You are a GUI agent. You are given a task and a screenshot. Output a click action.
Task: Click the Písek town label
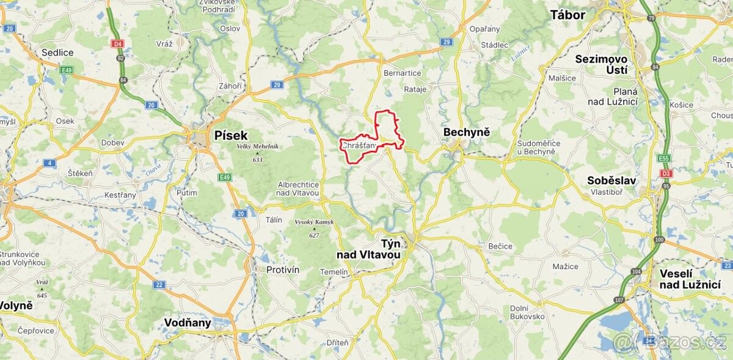[231, 135]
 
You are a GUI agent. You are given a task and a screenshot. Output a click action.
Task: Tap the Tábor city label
[567, 15]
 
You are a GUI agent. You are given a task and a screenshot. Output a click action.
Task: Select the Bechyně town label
[467, 132]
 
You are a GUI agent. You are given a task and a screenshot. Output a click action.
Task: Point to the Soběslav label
[611, 180]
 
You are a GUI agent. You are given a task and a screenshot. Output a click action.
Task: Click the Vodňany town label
[188, 323]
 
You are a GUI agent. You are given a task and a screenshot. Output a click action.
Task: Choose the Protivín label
[283, 270]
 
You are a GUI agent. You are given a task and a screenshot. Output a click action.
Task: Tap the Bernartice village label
[402, 73]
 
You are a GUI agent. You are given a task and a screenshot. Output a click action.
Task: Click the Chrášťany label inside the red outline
[359, 145]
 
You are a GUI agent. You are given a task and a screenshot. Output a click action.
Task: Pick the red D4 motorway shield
[117, 43]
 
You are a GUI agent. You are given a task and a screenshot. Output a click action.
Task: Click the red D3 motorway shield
[664, 174]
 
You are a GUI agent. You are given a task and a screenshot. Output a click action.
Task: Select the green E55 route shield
[664, 158]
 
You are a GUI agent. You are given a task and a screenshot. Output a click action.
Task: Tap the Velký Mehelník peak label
[257, 146]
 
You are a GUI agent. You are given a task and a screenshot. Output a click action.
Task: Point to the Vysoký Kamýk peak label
[314, 222]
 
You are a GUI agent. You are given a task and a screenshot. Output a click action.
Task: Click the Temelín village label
[334, 271]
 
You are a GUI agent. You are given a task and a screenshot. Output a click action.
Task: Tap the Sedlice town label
[57, 53]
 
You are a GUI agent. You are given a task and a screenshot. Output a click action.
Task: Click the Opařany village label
[484, 29]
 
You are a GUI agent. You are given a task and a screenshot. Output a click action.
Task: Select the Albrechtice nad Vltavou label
[298, 188]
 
